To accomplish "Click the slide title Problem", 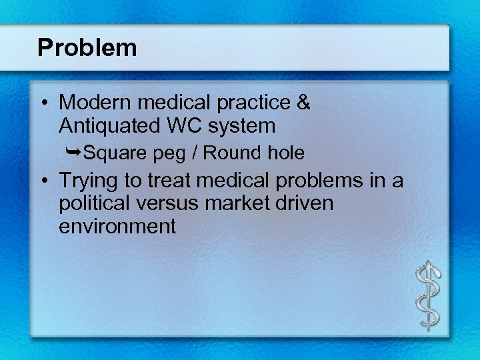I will coord(87,48).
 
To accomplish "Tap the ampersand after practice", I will coord(302,103).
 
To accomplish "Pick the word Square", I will coord(115,153).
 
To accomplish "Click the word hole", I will coord(285,153).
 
